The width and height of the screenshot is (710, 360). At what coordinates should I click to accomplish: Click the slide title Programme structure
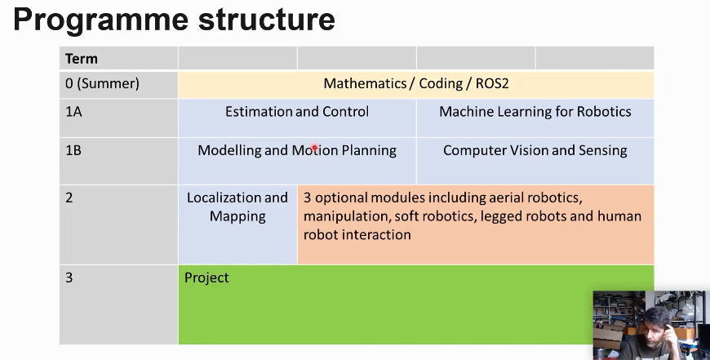174,20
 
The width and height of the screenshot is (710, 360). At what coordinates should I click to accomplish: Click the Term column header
82,59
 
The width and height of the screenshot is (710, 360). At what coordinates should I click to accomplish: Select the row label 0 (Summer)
102,83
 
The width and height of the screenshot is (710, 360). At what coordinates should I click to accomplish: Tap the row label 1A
73,112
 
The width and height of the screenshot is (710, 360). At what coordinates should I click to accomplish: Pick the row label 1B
73,150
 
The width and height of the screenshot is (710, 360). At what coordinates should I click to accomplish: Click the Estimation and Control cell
297,112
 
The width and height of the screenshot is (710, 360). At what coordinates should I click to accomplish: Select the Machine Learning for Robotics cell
535,112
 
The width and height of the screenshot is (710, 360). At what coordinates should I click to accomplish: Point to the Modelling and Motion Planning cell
297,150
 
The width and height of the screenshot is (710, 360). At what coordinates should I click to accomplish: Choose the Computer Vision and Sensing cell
535,150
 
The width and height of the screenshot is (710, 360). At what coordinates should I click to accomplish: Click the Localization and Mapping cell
237,207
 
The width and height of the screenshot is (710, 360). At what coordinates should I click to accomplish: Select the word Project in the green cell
206,278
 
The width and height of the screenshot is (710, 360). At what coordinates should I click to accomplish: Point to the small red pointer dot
314,148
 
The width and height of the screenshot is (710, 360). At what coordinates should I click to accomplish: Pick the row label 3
69,278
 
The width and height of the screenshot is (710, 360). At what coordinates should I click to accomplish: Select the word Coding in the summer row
441,83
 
